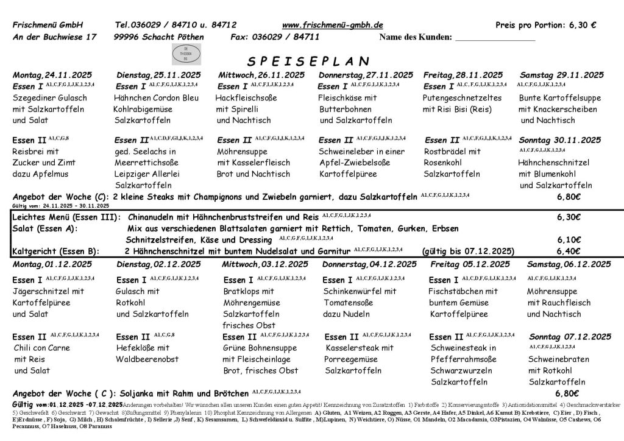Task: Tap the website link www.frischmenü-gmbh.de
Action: pos(333,25)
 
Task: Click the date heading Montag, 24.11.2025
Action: pos(52,75)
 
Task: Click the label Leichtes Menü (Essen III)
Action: pos(66,217)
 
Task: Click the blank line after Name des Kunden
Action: pos(495,40)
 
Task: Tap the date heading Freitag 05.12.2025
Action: pos(470,264)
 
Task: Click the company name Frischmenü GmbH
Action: pos(48,25)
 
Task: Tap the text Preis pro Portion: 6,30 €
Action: pos(546,25)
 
